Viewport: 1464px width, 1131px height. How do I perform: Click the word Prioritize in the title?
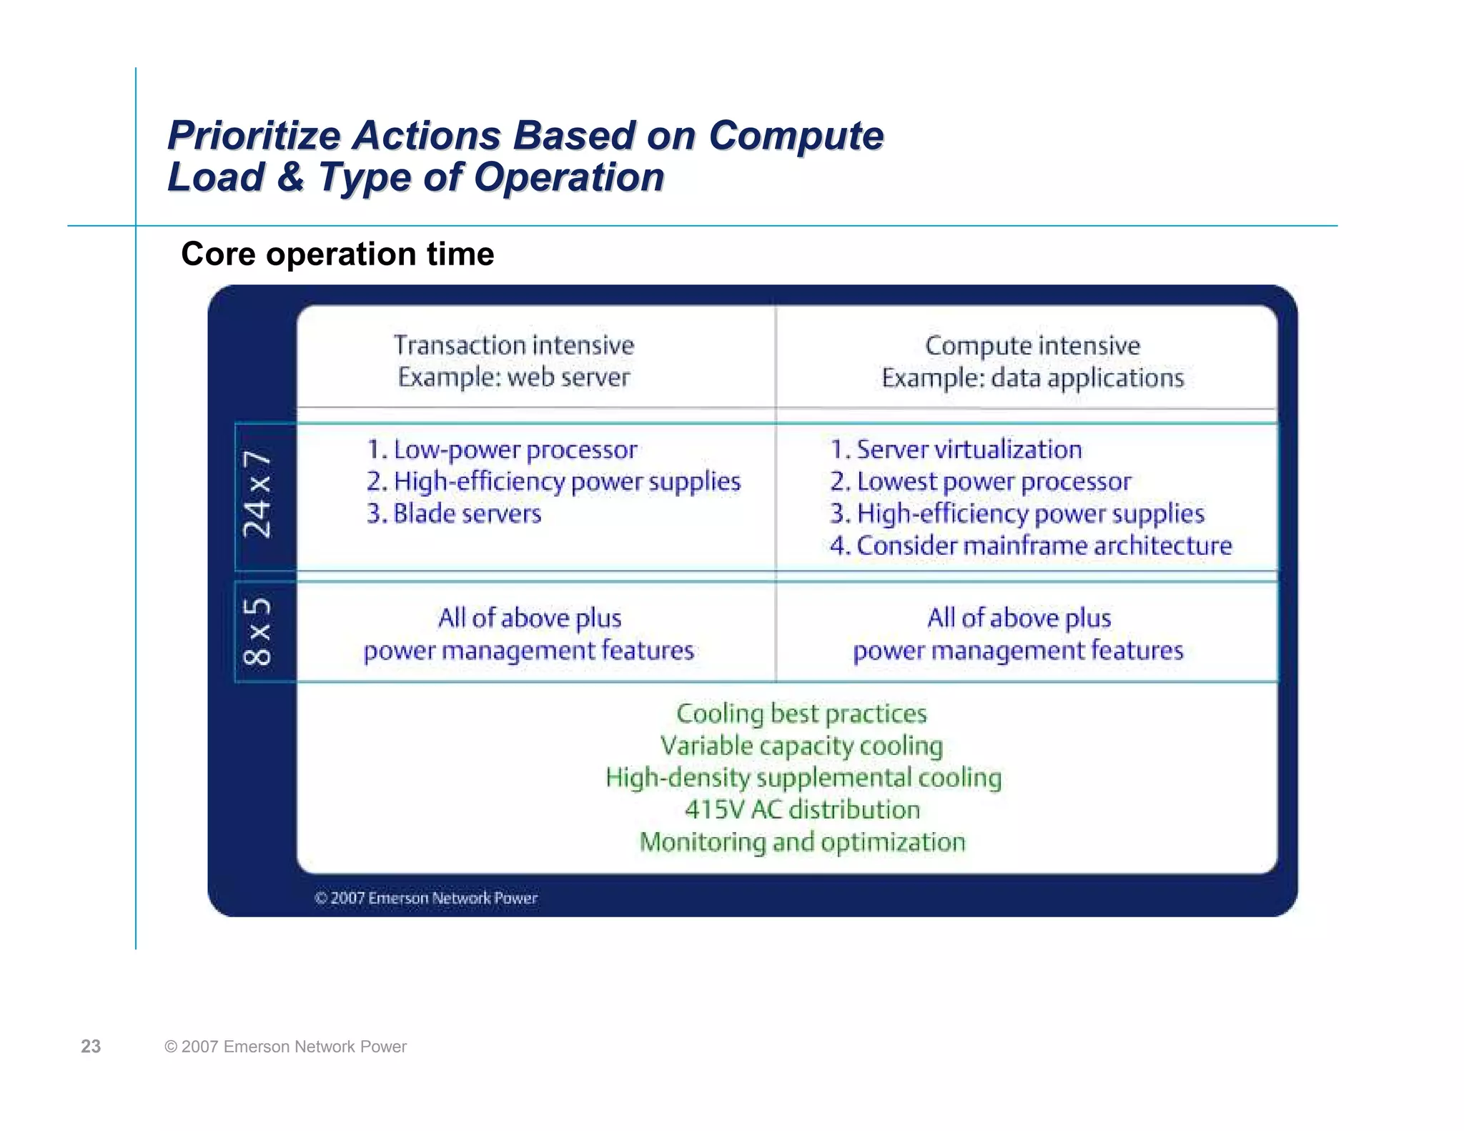point(254,136)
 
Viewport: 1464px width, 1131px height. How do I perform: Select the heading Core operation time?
point(337,254)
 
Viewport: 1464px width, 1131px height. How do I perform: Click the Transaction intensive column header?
point(514,345)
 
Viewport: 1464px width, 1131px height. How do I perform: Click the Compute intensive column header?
point(1032,345)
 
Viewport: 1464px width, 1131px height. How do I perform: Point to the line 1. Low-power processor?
point(502,450)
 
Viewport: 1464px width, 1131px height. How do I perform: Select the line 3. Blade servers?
point(454,514)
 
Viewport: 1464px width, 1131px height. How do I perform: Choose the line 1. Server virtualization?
point(956,450)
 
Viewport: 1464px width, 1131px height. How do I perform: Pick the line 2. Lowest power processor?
point(981,482)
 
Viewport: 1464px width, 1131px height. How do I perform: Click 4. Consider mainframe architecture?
point(1031,546)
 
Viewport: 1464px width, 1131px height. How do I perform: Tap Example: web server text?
point(514,377)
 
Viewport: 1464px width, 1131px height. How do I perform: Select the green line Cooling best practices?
point(801,713)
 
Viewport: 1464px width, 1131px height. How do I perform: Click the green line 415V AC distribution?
point(802,810)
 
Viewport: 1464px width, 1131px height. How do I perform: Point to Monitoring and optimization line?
point(802,842)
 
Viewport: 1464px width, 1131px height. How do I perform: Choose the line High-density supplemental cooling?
point(803,778)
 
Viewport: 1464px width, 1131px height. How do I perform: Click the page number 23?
point(91,1047)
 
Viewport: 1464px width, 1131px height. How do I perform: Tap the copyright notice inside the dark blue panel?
point(426,898)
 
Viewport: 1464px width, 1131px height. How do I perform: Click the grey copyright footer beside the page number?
point(285,1047)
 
